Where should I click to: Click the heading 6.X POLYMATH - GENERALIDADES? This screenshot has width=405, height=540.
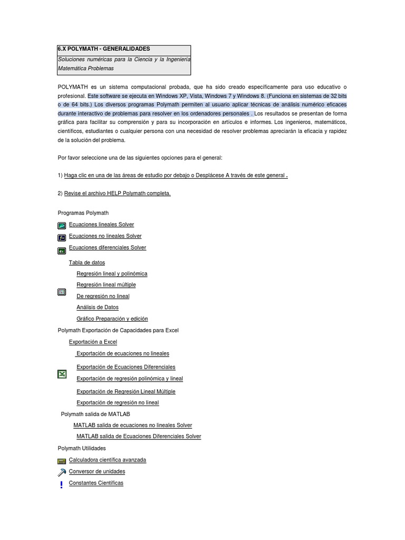(104, 49)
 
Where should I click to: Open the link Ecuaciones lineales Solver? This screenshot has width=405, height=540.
(101, 225)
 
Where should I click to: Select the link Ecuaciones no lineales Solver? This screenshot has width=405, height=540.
(105, 236)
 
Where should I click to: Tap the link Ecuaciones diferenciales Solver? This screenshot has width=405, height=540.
(107, 248)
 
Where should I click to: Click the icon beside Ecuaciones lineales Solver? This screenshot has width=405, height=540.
(62, 225)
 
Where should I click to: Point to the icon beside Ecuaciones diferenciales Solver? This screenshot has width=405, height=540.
(62, 250)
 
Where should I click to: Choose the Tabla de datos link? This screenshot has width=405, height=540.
(86, 263)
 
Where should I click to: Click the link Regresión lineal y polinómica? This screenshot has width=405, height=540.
(112, 274)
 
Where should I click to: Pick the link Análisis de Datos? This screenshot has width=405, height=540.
(98, 307)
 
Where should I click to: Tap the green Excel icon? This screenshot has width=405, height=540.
(62, 374)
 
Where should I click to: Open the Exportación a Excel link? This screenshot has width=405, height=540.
(93, 342)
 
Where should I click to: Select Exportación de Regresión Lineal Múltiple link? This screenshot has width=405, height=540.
(126, 392)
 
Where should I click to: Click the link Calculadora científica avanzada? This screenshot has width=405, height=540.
(107, 460)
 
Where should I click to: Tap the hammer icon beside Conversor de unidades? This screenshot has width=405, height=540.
(62, 472)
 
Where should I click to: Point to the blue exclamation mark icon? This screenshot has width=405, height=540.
(62, 484)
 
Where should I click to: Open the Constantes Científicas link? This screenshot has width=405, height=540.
(96, 483)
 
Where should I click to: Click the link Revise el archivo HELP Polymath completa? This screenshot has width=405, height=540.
(117, 194)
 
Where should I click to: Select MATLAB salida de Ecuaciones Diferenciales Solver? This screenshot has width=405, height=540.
(139, 437)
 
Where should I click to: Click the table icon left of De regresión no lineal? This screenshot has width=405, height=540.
(62, 292)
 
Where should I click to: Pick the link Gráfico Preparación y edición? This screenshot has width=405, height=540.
(112, 319)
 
